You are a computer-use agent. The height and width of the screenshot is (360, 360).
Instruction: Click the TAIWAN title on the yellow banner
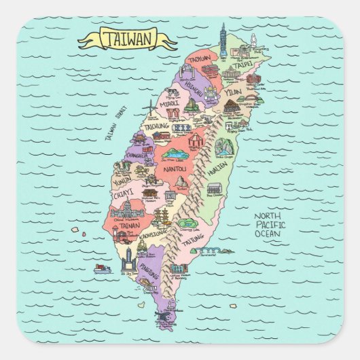(127, 38)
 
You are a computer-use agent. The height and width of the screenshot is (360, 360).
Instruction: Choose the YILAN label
(233, 91)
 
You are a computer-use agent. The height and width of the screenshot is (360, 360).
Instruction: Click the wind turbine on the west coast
(151, 107)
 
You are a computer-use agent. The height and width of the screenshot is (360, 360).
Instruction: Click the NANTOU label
(175, 168)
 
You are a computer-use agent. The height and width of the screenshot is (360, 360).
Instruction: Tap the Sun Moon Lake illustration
(174, 154)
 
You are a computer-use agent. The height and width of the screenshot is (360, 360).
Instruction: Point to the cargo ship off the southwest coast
(102, 268)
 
